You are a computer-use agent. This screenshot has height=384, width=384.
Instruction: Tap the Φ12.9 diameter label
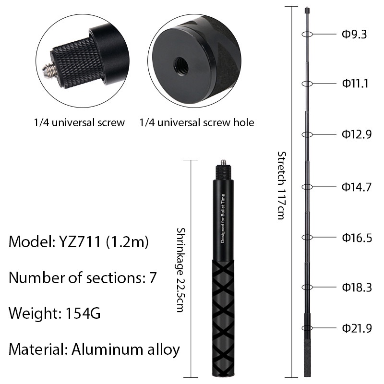[357, 134]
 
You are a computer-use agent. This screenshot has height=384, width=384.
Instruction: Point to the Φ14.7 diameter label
[357, 187]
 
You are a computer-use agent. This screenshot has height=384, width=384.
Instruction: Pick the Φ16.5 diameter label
[357, 238]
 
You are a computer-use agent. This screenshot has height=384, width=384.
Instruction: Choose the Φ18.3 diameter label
[357, 287]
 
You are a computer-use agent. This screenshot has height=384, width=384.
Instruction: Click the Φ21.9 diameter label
[357, 328]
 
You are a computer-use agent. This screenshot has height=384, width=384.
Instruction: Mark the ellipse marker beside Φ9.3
[307, 34]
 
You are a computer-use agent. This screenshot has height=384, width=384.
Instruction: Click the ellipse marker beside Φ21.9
[307, 328]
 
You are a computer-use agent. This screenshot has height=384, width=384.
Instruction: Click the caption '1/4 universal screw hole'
[197, 122]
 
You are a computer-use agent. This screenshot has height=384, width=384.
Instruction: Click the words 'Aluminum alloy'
[126, 349]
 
